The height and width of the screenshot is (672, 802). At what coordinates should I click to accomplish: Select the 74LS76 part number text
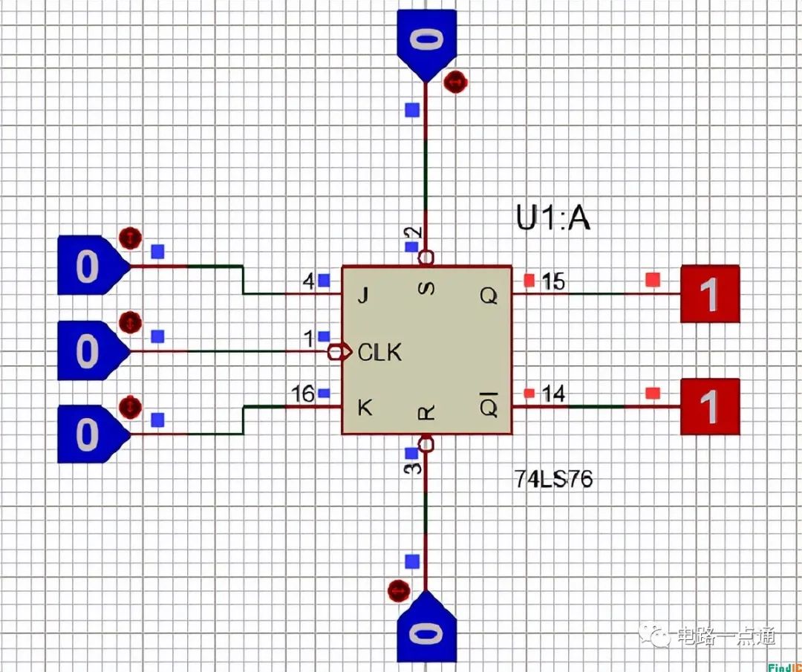tap(554, 480)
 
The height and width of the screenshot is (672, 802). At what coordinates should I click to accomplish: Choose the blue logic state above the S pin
tap(426, 41)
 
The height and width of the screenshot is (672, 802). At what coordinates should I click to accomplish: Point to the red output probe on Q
tap(710, 294)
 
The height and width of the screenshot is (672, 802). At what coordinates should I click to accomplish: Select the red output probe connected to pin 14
tap(710, 406)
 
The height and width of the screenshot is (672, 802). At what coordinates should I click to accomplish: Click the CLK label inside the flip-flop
tap(379, 352)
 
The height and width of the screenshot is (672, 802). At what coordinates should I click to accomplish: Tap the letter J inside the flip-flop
tap(362, 296)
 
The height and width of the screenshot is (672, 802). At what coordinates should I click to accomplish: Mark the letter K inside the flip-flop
tap(364, 408)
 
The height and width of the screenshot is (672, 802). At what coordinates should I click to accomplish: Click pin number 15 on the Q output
tap(553, 281)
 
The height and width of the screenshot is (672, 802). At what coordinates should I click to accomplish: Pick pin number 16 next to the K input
tap(302, 394)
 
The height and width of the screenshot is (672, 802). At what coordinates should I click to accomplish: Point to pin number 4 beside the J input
tap(308, 281)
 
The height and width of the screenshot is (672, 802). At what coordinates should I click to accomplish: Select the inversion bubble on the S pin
tap(426, 258)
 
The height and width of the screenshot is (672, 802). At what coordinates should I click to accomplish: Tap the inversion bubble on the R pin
tap(426, 444)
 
